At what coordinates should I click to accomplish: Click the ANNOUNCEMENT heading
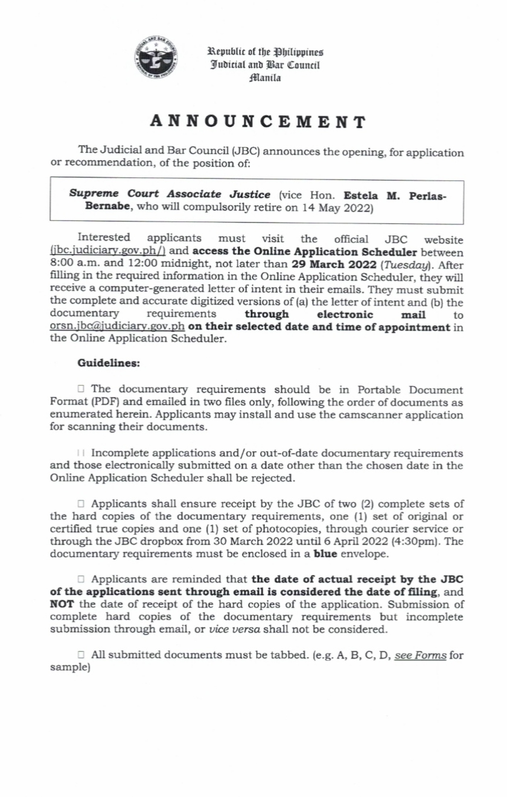coord(258,122)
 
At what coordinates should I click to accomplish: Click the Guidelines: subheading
coord(109,363)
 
